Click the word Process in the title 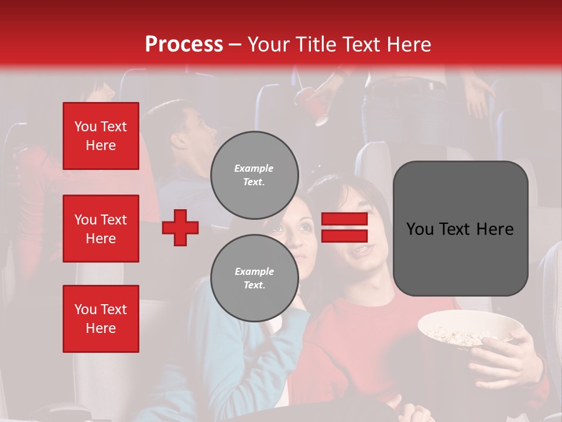pos(184,45)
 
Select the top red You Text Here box pos(101,136)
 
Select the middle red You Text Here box pos(101,229)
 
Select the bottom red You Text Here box pos(101,319)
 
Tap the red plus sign pos(180,227)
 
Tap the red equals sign pos(344,227)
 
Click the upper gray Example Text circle pos(254,175)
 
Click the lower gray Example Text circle pos(254,278)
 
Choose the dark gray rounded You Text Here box pos(460,229)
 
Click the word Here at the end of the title pos(409,45)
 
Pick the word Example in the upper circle pos(253,168)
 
